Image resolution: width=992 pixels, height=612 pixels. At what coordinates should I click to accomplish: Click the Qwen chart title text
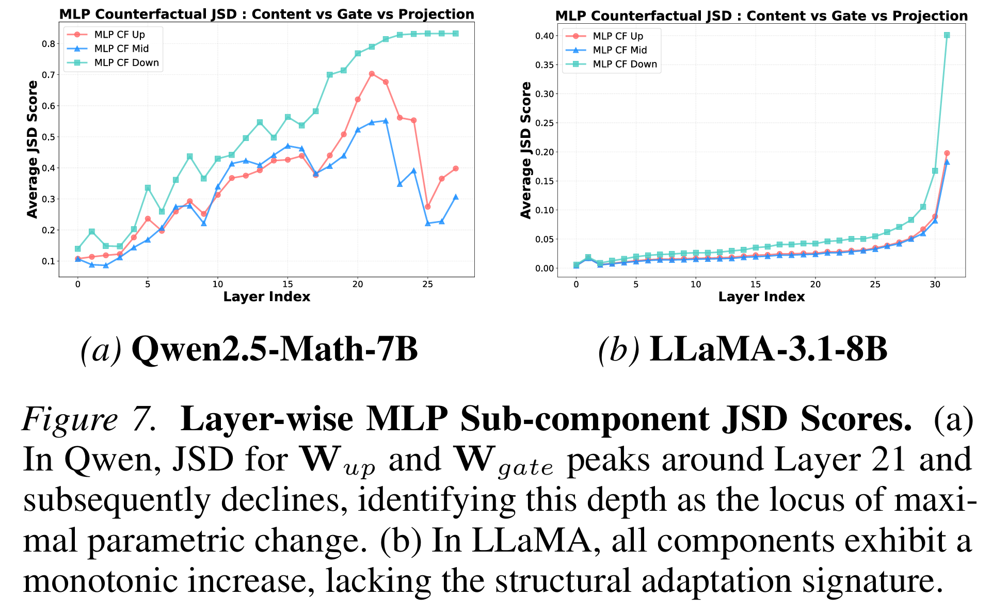(266, 14)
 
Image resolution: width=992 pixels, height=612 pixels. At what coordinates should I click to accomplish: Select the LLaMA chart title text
(761, 16)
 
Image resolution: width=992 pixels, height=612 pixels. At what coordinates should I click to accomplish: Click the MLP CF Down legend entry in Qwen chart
(126, 63)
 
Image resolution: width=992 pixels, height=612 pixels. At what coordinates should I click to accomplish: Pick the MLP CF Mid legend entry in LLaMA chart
(619, 50)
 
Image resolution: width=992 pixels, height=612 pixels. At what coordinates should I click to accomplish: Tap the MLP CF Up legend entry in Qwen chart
(119, 35)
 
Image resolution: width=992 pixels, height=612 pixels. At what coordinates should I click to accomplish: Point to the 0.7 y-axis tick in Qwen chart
(49, 75)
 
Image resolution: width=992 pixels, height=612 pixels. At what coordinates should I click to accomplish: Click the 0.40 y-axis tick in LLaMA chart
(544, 36)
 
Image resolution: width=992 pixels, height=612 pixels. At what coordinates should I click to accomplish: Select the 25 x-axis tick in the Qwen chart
(427, 284)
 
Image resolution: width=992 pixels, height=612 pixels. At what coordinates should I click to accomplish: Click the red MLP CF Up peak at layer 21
(372, 74)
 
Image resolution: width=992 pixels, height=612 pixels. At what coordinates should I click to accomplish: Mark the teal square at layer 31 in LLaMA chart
(947, 35)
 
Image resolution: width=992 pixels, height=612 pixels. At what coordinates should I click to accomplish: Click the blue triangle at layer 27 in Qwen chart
(455, 197)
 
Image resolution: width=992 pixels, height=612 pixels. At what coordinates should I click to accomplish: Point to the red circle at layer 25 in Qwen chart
(427, 207)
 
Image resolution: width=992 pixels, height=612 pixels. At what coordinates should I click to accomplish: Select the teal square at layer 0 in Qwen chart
(77, 249)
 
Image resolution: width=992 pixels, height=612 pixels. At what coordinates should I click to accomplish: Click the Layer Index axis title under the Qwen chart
(266, 297)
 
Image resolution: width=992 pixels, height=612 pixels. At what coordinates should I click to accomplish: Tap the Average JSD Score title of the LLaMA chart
(526, 150)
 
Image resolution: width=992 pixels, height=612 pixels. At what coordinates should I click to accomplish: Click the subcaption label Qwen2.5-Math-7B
(275, 350)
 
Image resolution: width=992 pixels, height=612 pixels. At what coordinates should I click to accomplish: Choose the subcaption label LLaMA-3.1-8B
(768, 350)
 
